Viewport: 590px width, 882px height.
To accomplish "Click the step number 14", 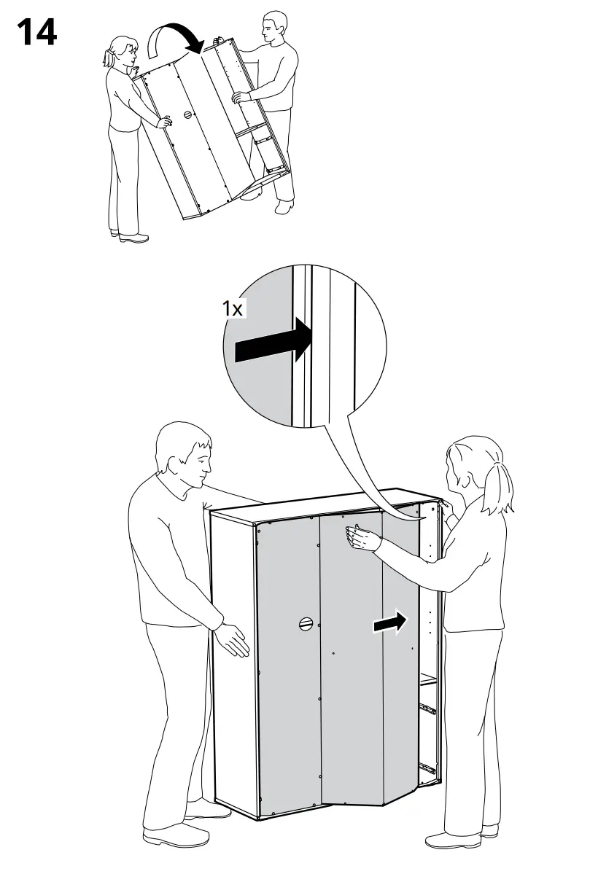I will pyautogui.click(x=36, y=33).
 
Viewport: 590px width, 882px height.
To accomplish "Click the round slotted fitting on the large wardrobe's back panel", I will pyautogui.click(x=306, y=623).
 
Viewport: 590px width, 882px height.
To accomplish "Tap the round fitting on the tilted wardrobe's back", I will pyautogui.click(x=188, y=114).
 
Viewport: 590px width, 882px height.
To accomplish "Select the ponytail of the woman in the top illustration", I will pyautogui.click(x=109, y=56).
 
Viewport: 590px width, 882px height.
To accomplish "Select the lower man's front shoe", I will pyautogui.click(x=168, y=835).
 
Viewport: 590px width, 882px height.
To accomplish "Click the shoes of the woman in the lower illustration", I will pyautogui.click(x=452, y=838).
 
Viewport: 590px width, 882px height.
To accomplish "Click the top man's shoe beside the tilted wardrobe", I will pyautogui.click(x=284, y=208).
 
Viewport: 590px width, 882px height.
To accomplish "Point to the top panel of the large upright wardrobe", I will pyautogui.click(x=321, y=505).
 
